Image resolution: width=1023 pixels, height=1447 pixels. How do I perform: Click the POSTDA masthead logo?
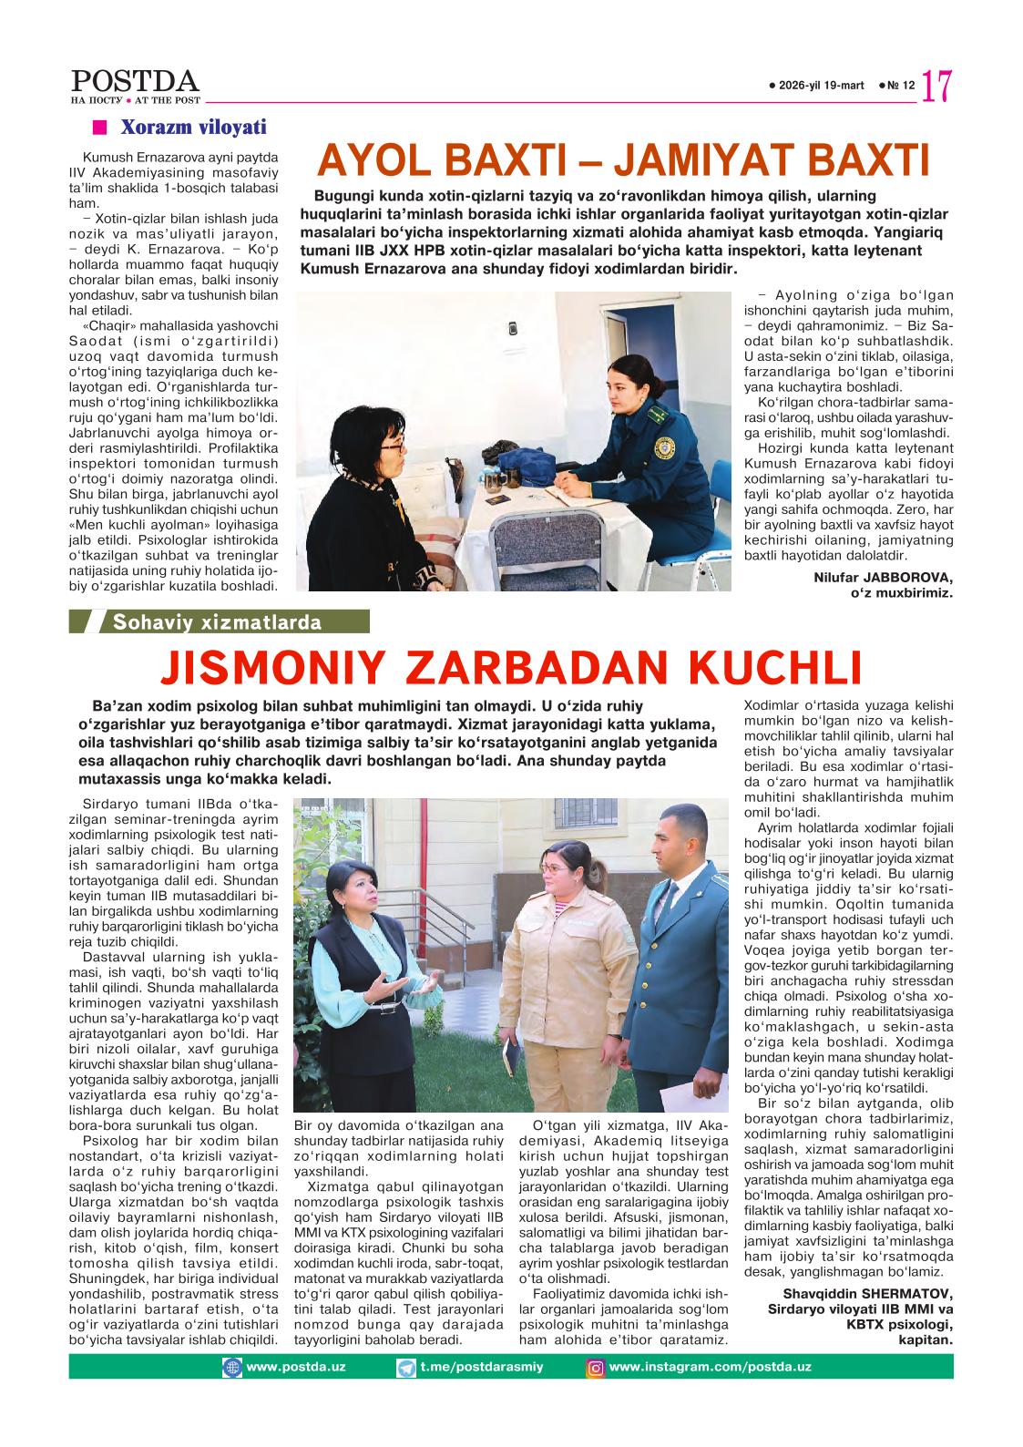(135, 82)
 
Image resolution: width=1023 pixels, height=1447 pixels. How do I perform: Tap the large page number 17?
(937, 87)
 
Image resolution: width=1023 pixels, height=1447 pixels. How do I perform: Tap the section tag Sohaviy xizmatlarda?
(217, 623)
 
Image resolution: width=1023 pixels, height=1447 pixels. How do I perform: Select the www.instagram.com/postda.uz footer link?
(710, 1367)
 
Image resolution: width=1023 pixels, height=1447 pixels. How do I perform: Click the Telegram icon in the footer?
(406, 1368)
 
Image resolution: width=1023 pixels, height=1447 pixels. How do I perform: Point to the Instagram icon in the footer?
(595, 1368)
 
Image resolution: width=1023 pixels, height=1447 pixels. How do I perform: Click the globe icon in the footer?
(233, 1368)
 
